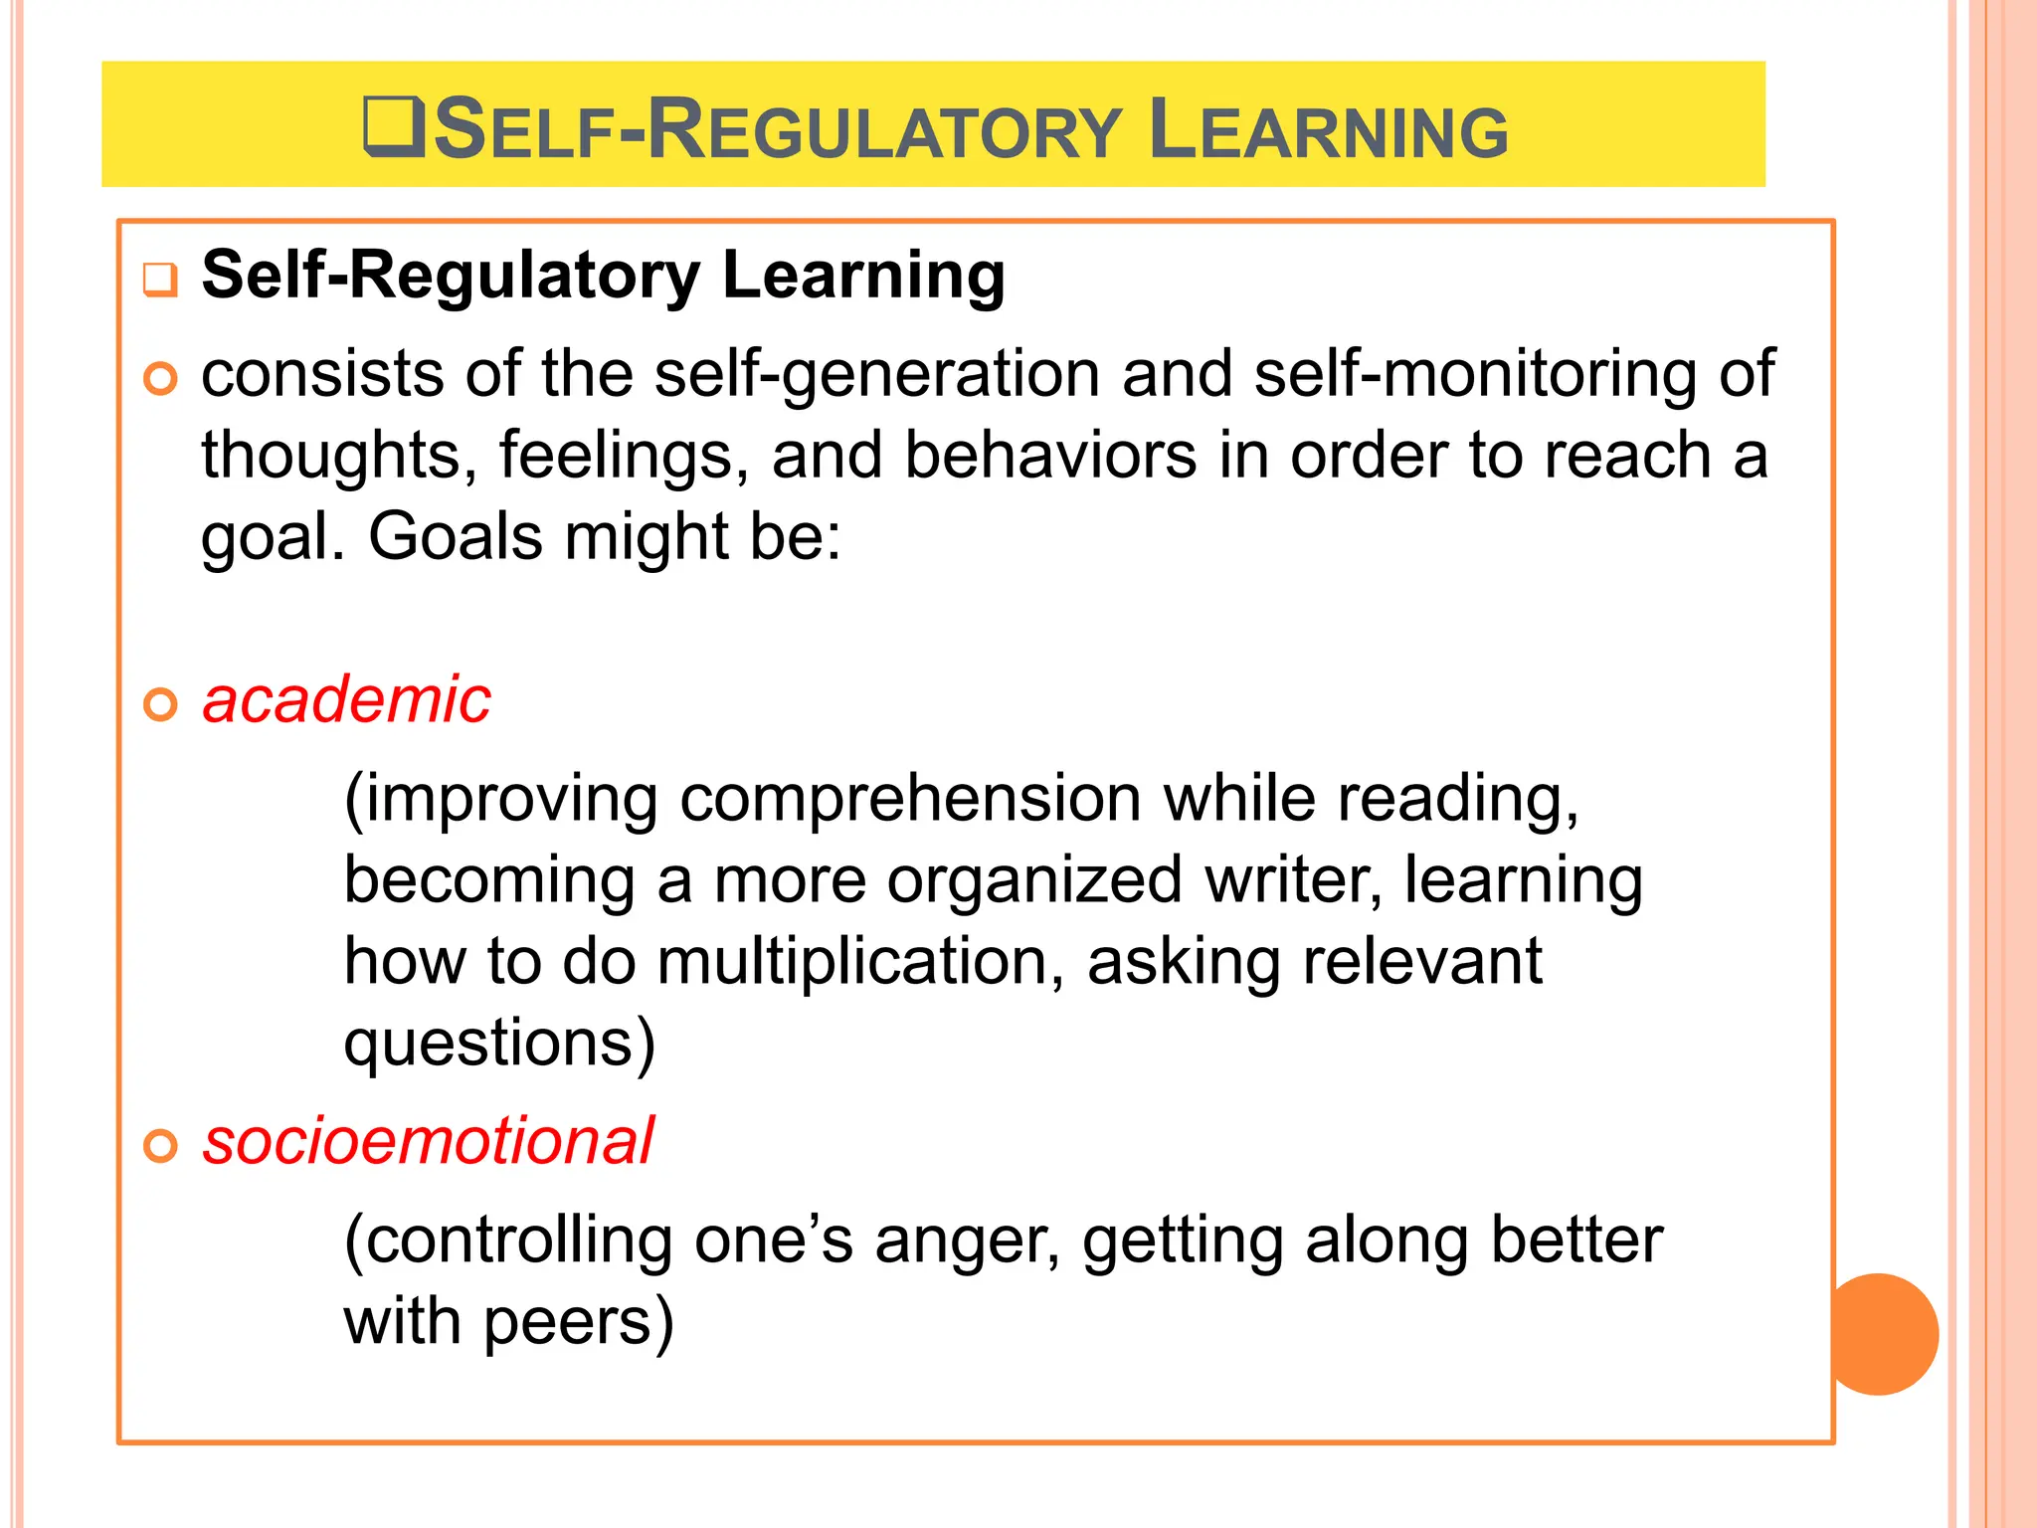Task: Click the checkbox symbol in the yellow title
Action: tap(395, 128)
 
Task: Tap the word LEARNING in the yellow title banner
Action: tap(1328, 130)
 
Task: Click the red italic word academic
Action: tap(346, 699)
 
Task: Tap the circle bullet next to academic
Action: tap(160, 704)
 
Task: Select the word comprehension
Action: tap(910, 799)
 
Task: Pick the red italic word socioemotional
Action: tap(428, 1141)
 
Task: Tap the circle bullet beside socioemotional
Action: tap(160, 1146)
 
